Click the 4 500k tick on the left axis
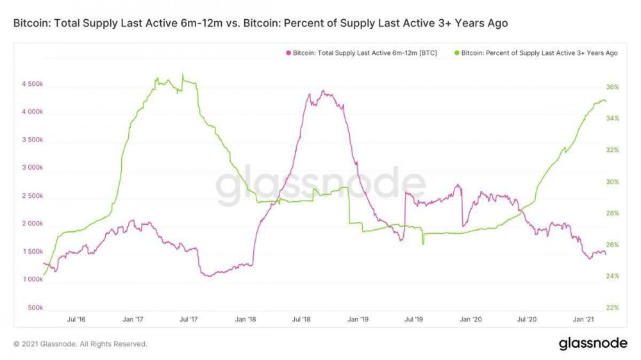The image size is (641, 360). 31,84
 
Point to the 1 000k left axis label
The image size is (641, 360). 31,280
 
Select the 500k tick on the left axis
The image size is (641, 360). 35,308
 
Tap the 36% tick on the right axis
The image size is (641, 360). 612,87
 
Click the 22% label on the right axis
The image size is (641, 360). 612,308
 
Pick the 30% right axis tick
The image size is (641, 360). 612,182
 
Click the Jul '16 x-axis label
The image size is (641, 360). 76,319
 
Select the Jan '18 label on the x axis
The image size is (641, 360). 247,319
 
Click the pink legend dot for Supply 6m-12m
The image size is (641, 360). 288,53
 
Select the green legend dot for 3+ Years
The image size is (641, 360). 456,53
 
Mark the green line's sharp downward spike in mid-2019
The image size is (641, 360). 423,244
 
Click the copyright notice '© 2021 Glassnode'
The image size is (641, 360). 80,344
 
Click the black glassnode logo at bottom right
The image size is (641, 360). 593,343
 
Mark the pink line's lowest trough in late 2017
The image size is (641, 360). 208,276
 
